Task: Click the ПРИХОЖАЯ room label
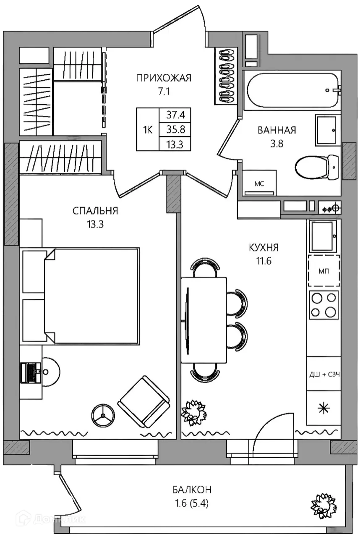tap(164, 78)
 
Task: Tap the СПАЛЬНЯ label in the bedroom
tap(95, 211)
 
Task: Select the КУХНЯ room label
tap(264, 247)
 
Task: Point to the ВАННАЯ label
tap(277, 130)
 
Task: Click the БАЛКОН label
tap(192, 490)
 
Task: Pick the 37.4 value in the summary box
tap(176, 115)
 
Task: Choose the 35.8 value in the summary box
tap(176, 129)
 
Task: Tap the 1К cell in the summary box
tap(148, 130)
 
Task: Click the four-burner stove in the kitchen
tap(323, 305)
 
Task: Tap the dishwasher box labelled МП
tap(323, 271)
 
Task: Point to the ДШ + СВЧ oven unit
tap(324, 374)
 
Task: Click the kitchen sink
tap(323, 236)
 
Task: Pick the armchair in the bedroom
tap(144, 402)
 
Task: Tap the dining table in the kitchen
tap(204, 320)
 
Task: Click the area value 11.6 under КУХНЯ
tap(264, 261)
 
